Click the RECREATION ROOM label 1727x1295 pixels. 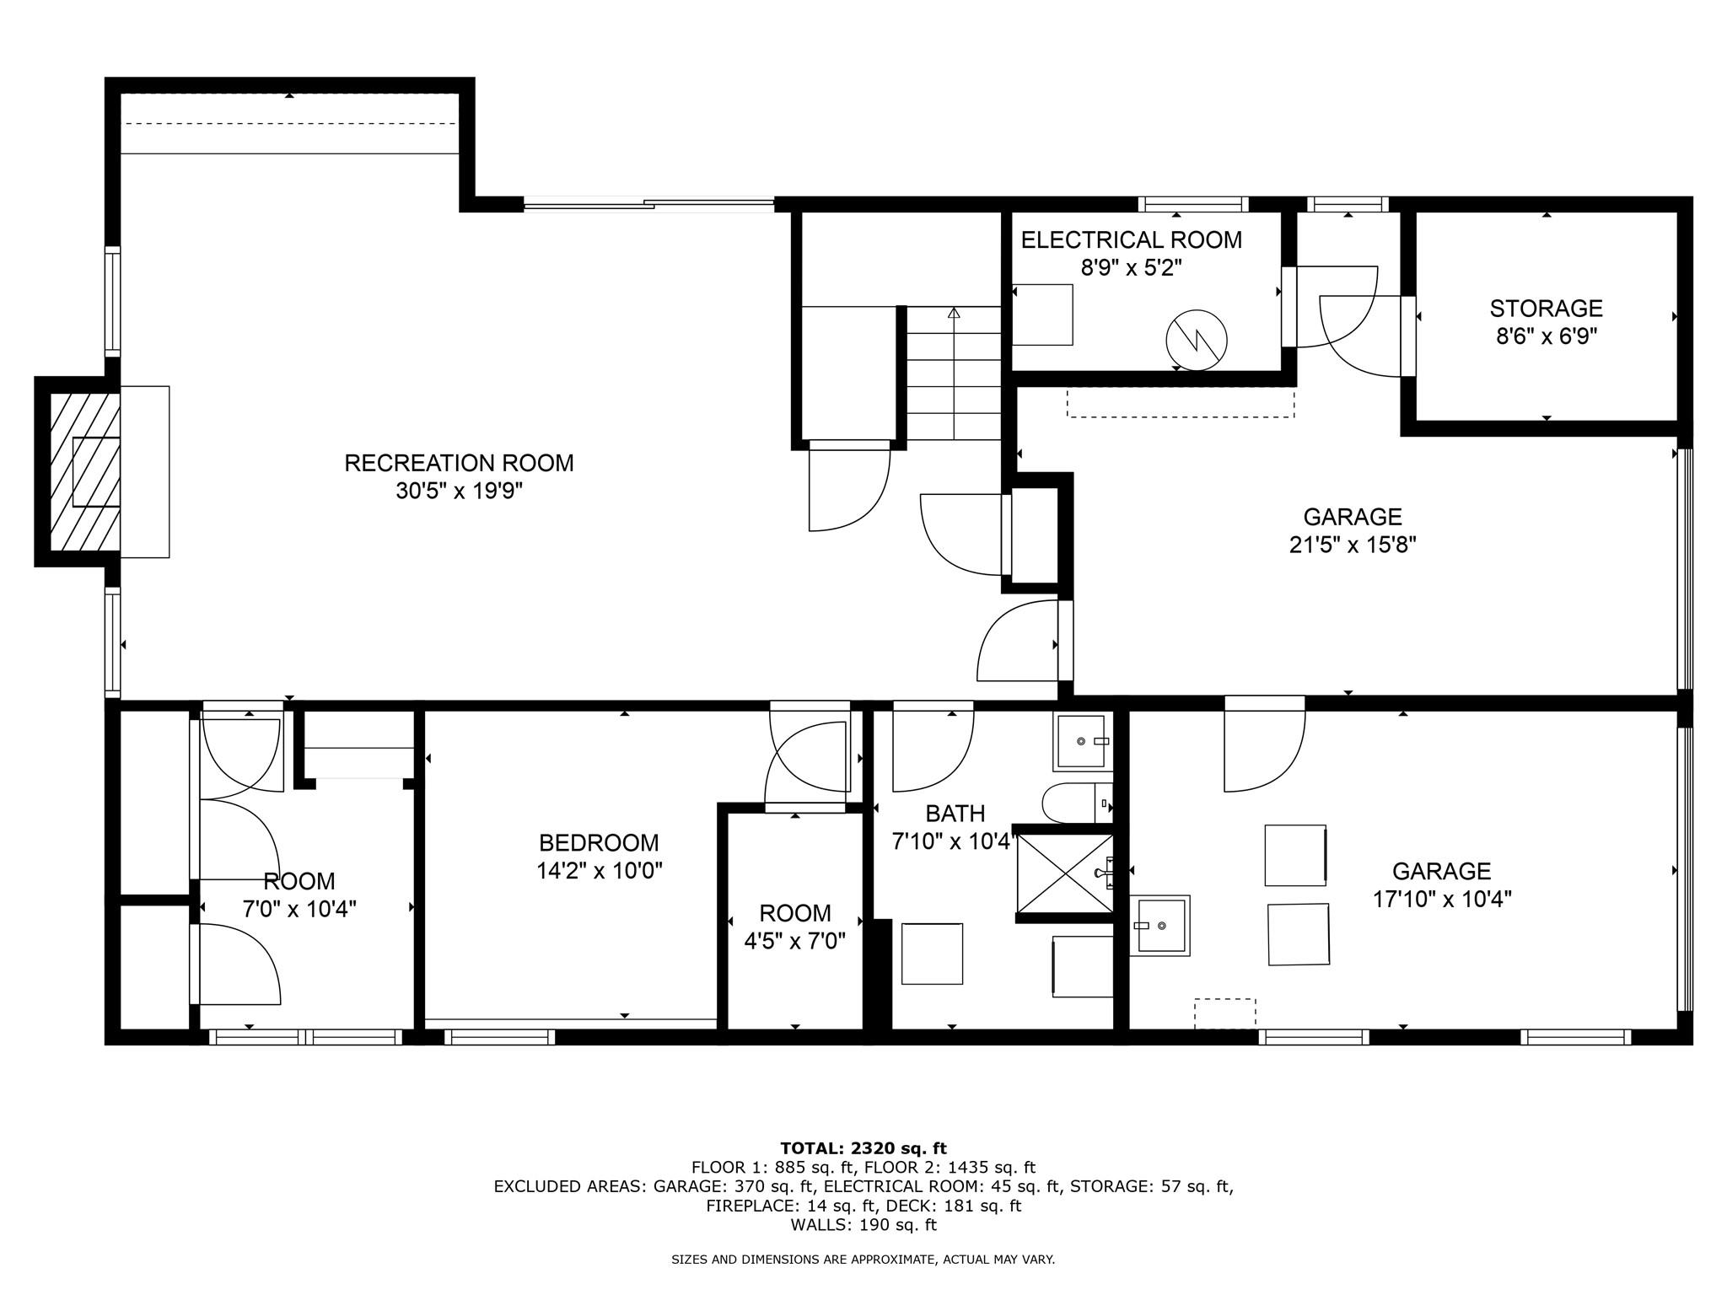click(x=459, y=463)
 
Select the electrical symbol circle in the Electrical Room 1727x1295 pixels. click(x=1196, y=341)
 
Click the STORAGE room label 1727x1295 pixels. click(x=1546, y=309)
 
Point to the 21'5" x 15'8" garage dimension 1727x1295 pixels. click(x=1352, y=545)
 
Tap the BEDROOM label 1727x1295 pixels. click(x=599, y=842)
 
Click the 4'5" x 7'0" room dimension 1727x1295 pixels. click(x=794, y=941)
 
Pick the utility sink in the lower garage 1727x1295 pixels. click(x=1159, y=925)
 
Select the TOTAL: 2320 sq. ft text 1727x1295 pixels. click(x=863, y=1148)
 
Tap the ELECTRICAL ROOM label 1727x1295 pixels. click(x=1131, y=240)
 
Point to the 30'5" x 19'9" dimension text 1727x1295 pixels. click(x=459, y=491)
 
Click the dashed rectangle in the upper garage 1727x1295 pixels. click(x=1180, y=402)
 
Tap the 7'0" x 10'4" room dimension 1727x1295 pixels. click(x=299, y=909)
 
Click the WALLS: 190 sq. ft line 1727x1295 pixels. click(x=863, y=1225)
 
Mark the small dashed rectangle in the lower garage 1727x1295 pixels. click(x=1224, y=1013)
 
